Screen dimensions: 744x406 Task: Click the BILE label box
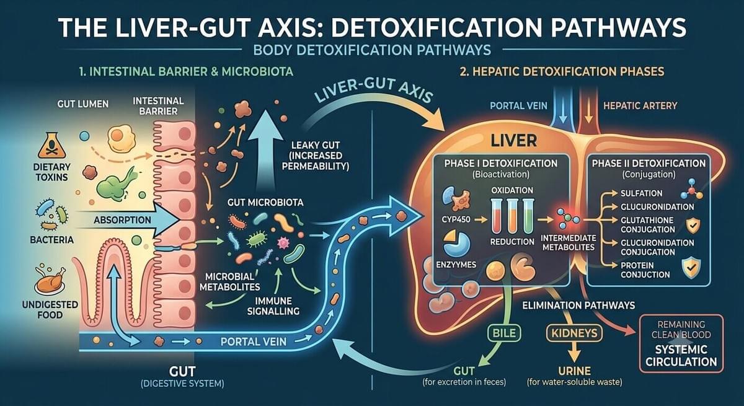504,333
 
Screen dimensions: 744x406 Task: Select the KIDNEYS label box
574,333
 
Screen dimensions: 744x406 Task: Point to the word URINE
574,371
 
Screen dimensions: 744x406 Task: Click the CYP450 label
456,219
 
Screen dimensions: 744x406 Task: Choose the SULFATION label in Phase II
641,193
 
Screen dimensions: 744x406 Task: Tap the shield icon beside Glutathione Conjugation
693,226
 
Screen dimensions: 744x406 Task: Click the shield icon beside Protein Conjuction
691,268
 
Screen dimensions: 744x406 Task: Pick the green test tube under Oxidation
528,216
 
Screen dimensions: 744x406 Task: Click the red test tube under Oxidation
497,216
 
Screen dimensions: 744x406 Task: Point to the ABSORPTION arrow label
122,220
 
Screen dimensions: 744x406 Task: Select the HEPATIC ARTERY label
640,106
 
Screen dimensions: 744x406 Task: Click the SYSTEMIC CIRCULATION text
681,355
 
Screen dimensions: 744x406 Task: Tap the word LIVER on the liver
513,141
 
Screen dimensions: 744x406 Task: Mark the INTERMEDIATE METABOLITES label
568,243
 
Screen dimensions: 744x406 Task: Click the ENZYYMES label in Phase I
456,265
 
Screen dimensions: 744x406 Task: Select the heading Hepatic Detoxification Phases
562,72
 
